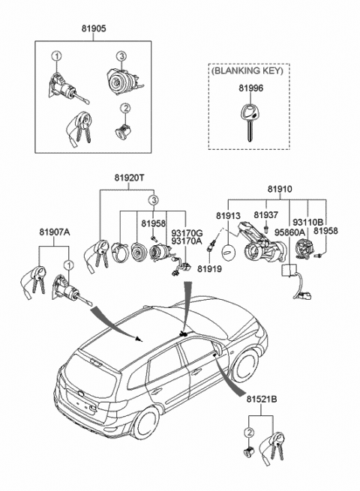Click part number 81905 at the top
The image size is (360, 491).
[94, 28]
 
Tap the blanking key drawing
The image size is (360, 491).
[250, 123]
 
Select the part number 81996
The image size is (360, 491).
[251, 88]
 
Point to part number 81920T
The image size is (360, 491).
[129, 178]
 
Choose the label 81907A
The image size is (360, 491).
[55, 232]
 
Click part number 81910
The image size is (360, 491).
[280, 189]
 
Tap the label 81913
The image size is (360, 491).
[228, 216]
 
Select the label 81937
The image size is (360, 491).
[265, 215]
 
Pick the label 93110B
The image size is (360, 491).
[307, 223]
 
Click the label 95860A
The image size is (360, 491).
[289, 232]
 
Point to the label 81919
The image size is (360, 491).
[209, 268]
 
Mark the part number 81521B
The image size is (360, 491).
[261, 400]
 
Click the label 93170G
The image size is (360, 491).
[187, 233]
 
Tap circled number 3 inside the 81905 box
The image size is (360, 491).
[121, 57]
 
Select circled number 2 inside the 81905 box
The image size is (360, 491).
[125, 109]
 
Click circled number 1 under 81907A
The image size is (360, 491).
[68, 265]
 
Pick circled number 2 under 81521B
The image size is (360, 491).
[250, 433]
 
